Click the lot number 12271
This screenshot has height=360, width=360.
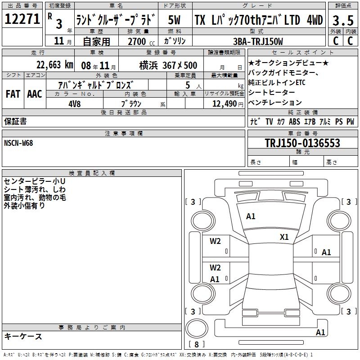pos(22,19)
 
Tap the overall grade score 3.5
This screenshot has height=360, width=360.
pos(343,20)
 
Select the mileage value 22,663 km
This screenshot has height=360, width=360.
pos(55,65)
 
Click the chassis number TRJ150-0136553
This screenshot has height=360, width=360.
pos(302,143)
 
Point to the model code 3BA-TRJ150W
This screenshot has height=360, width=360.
pos(258,41)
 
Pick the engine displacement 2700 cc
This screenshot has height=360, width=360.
pos(141,41)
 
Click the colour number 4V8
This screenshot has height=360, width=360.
pos(75,104)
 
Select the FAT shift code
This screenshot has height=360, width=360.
pos(13,94)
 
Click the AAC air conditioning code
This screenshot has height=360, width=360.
pos(35,94)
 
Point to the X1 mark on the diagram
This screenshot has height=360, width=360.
pos(284,237)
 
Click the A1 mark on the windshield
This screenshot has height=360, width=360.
pos(251,216)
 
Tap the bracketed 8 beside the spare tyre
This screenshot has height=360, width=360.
pos(197,344)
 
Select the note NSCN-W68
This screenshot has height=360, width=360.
pos(18,143)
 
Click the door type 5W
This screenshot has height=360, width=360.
pos(174,20)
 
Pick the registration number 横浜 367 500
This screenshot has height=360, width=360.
pos(168,65)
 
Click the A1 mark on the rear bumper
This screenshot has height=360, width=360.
pos(320,333)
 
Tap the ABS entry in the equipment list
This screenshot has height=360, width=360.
pos(294,121)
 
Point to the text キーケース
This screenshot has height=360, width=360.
pos(23,336)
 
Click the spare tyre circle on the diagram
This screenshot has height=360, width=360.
pos(197,329)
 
